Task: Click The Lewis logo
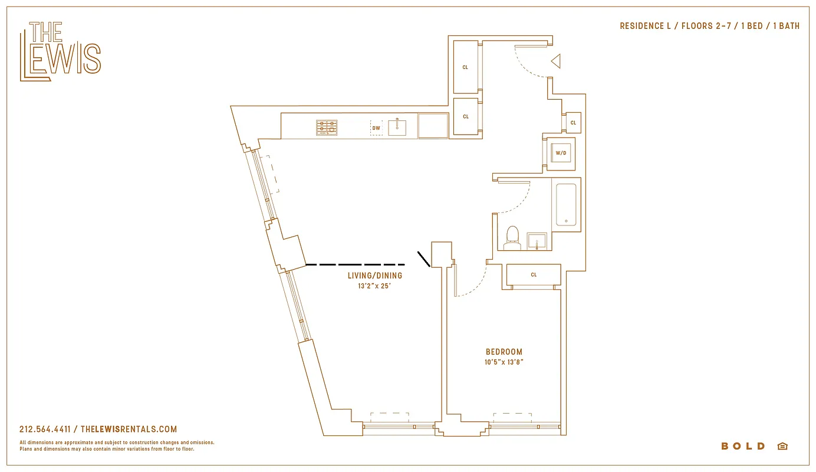point(60,51)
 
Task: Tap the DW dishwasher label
point(376,127)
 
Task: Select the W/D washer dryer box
point(560,153)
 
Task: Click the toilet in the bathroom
point(513,236)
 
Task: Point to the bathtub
point(566,204)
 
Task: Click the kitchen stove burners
point(327,127)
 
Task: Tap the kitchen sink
point(397,126)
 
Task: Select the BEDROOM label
point(504,352)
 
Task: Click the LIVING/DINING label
point(375,276)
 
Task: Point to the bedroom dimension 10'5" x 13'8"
point(504,362)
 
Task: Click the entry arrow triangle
point(555,61)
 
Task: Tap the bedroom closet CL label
point(534,275)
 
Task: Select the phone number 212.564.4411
point(45,430)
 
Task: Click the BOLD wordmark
point(743,446)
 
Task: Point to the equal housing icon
point(782,446)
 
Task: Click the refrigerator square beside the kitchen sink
point(433,126)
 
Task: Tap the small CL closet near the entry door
point(572,123)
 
